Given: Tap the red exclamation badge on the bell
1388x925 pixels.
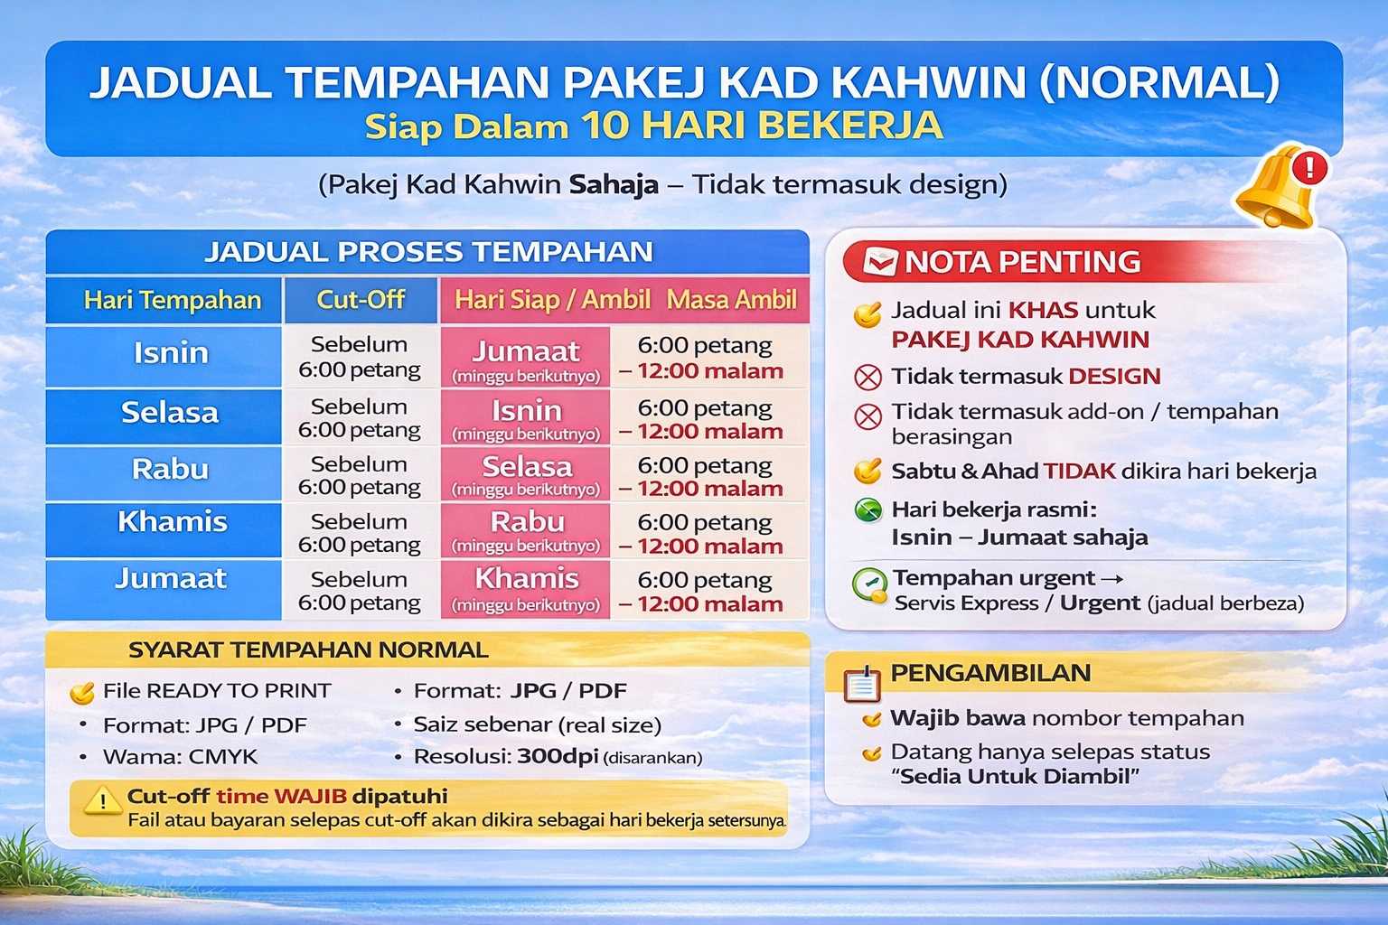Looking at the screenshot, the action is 1308,168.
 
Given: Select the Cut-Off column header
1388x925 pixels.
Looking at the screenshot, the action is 361,300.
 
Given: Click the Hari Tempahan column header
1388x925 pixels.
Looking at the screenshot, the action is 173,300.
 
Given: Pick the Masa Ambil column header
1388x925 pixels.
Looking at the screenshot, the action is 731,300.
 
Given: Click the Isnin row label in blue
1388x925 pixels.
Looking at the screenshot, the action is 171,353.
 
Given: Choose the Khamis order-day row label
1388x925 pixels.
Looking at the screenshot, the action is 173,522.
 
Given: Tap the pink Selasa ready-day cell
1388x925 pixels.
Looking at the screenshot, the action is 526,474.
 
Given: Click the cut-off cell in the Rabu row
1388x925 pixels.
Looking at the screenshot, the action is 360,475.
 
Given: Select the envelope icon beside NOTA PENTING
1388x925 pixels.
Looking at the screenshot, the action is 880,261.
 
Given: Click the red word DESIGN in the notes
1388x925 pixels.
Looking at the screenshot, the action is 1114,376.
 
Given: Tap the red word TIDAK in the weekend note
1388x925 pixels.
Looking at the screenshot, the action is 1080,472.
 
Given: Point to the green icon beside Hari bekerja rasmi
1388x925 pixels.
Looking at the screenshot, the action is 868,509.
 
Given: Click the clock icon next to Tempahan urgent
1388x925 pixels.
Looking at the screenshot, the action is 869,584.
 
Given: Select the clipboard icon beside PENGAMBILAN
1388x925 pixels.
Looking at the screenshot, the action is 862,684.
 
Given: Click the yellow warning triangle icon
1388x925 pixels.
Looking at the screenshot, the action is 102,799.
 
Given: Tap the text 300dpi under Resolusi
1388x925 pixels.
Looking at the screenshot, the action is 558,756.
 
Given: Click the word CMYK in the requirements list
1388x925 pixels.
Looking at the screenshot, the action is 223,756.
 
